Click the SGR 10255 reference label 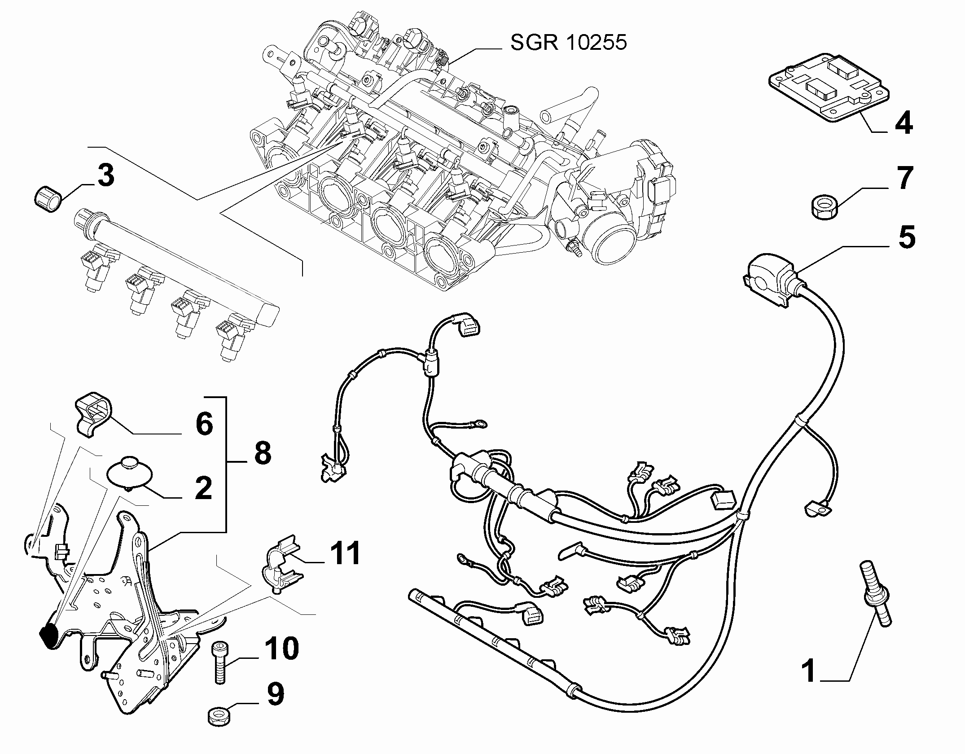coord(569,44)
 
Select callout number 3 coord(105,175)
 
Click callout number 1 coord(810,683)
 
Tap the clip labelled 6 coord(93,413)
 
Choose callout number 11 coord(345,553)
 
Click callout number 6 coord(204,423)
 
